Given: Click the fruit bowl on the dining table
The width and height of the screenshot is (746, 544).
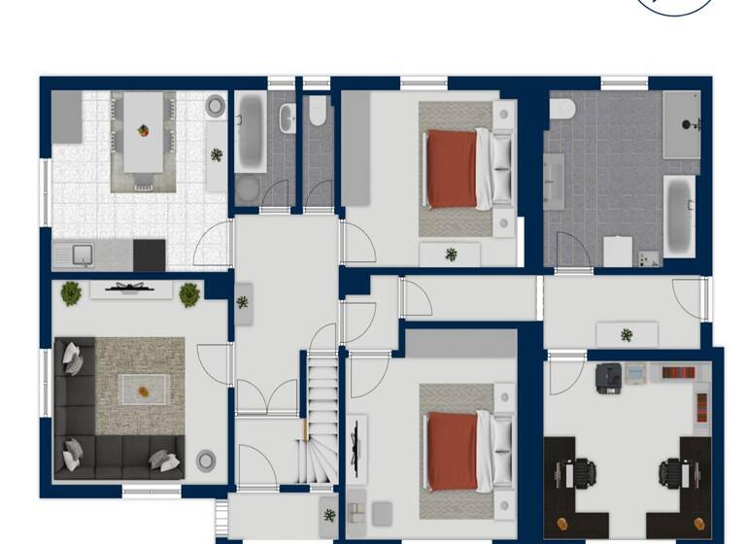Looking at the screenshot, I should pyautogui.click(x=144, y=130).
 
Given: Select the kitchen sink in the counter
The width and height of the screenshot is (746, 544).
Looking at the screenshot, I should pyautogui.click(x=82, y=255).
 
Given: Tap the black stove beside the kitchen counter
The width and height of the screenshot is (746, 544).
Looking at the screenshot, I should pyautogui.click(x=149, y=255).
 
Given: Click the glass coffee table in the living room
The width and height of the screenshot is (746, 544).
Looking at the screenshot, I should pyautogui.click(x=143, y=391).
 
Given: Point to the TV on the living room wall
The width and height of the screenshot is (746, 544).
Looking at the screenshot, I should pyautogui.click(x=130, y=288).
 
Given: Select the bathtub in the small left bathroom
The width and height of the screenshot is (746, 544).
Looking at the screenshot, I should pyautogui.click(x=249, y=133).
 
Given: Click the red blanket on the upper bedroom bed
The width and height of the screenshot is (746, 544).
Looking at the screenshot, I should pyautogui.click(x=452, y=169).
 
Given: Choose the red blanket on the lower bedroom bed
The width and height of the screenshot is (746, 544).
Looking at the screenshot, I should pyautogui.click(x=452, y=451).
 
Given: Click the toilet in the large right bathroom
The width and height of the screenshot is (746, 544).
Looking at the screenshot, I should pyautogui.click(x=561, y=109).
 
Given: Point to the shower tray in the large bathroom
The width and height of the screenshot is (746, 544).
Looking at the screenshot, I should pyautogui.click(x=681, y=124).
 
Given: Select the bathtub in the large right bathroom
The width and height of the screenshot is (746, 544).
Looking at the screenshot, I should pyautogui.click(x=678, y=215).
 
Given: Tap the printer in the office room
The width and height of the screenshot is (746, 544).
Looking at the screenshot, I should pyautogui.click(x=609, y=377).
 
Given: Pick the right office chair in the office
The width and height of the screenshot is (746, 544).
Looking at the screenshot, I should pyautogui.click(x=670, y=474).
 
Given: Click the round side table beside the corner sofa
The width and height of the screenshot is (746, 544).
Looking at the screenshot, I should pyautogui.click(x=205, y=460).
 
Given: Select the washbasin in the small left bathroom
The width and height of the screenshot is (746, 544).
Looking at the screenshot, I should pyautogui.click(x=288, y=119).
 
